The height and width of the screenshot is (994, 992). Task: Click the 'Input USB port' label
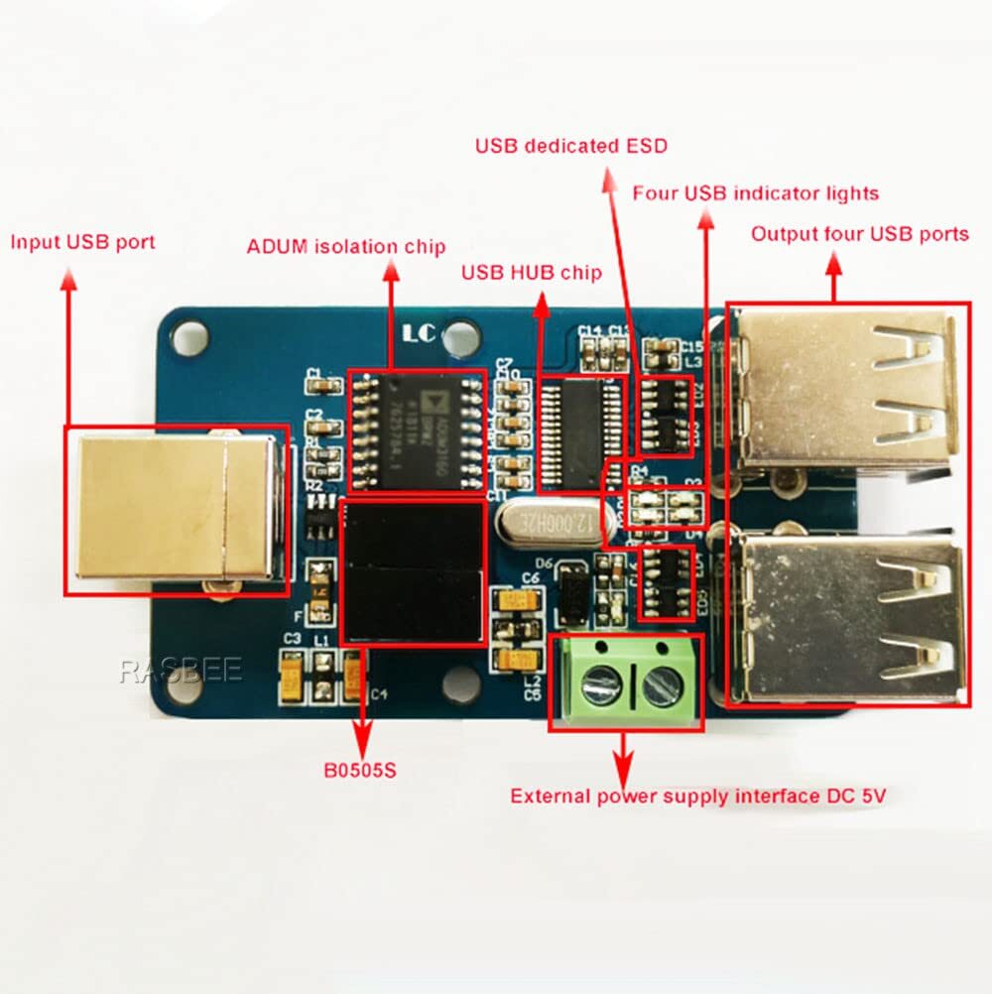point(82,242)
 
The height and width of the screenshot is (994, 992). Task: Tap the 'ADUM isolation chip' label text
point(346,246)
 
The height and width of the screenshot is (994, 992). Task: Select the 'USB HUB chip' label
point(531,273)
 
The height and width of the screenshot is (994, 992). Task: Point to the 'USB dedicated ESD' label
point(570,147)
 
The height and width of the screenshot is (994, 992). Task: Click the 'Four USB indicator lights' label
point(755,192)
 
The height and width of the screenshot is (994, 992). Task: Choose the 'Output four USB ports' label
point(859,234)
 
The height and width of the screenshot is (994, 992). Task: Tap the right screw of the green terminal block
point(658,684)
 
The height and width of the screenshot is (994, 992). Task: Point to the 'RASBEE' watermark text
point(181,672)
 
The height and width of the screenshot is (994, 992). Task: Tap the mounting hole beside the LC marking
point(458,337)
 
